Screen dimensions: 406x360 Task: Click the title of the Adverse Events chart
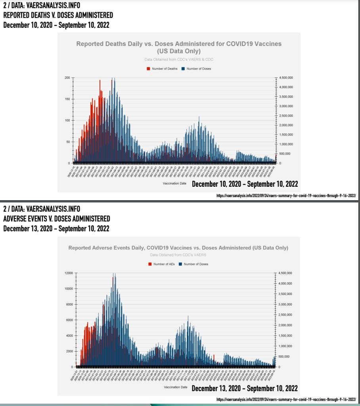178,248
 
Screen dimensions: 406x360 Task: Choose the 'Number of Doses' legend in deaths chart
197,69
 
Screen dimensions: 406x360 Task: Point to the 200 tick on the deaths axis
67,78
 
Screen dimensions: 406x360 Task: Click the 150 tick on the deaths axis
67,99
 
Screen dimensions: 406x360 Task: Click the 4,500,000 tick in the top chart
285,78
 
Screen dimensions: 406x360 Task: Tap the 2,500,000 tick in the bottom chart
285,315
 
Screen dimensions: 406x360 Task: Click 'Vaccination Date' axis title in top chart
174,184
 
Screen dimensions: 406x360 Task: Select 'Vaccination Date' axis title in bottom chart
175,387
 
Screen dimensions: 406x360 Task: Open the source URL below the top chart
286,195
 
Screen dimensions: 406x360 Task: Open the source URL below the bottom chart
286,399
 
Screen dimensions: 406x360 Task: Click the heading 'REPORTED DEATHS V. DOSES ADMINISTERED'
58,15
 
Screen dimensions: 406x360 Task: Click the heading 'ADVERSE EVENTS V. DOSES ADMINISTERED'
57,219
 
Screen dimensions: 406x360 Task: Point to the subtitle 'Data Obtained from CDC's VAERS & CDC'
179,59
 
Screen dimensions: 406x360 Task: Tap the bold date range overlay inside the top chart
245,184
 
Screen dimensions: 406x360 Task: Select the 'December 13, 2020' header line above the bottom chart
56,229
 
